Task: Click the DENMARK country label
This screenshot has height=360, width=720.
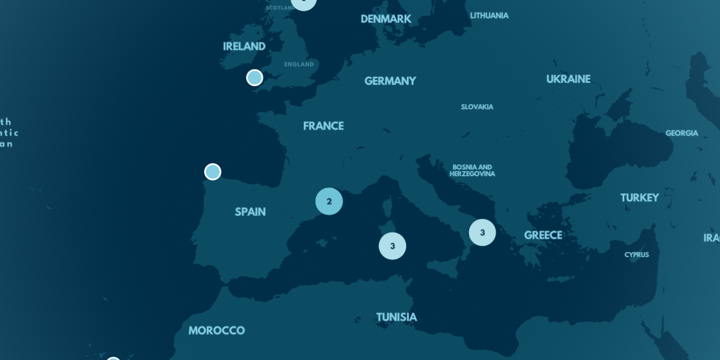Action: click(386, 19)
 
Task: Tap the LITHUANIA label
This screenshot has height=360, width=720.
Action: click(489, 16)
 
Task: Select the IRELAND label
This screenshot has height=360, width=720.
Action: click(244, 47)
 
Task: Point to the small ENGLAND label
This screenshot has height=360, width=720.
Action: click(299, 65)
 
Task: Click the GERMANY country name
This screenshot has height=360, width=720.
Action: click(390, 81)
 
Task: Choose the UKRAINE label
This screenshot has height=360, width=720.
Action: click(568, 79)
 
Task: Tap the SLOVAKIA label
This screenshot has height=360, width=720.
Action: click(477, 107)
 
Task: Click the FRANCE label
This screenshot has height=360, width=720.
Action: click(323, 126)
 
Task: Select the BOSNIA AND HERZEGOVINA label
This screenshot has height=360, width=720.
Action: click(472, 170)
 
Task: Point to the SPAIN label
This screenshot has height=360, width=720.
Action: click(250, 212)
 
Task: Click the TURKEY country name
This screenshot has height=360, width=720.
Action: click(640, 198)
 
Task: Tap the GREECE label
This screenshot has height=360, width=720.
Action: click(543, 235)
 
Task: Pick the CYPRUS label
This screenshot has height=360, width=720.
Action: click(637, 255)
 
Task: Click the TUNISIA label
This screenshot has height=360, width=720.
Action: click(397, 317)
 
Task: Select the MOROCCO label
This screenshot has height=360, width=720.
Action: click(217, 331)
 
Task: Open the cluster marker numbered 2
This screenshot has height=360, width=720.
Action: click(329, 201)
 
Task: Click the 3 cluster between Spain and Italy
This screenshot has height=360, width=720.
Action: click(393, 246)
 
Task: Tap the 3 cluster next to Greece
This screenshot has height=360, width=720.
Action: click(482, 232)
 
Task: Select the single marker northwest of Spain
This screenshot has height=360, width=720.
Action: click(213, 172)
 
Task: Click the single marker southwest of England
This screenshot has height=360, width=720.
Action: click(255, 78)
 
